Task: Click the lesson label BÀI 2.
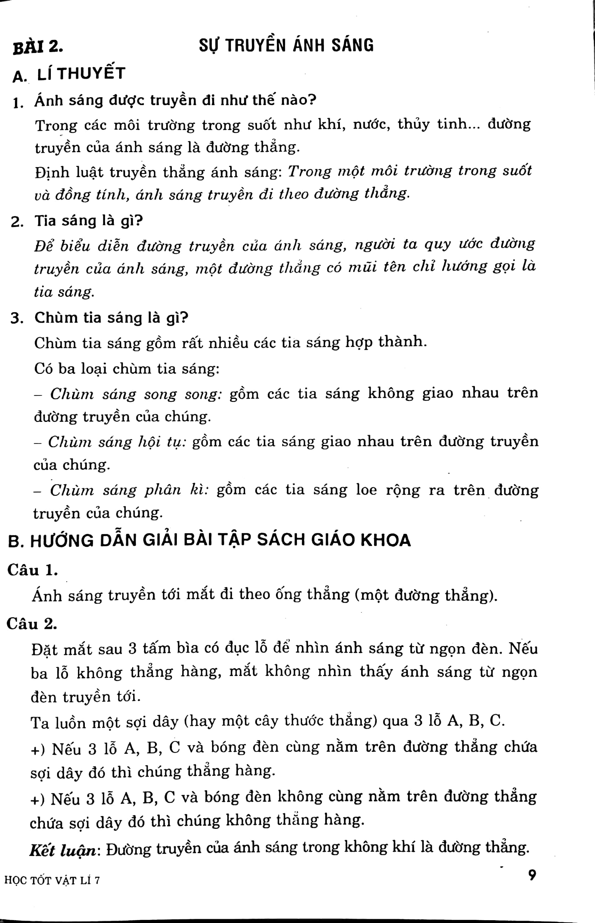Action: (x=38, y=47)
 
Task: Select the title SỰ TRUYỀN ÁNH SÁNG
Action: (x=286, y=45)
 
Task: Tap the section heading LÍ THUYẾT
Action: (x=81, y=73)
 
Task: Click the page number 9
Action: (x=532, y=875)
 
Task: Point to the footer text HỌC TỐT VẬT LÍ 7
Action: (x=52, y=880)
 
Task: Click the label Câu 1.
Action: (x=32, y=570)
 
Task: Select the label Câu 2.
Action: (x=32, y=624)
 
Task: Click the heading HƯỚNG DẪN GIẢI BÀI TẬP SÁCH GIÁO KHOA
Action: (x=220, y=540)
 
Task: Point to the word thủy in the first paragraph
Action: (x=414, y=124)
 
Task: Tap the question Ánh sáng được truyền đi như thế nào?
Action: (x=175, y=100)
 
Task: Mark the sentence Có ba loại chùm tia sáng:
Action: (x=127, y=368)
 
